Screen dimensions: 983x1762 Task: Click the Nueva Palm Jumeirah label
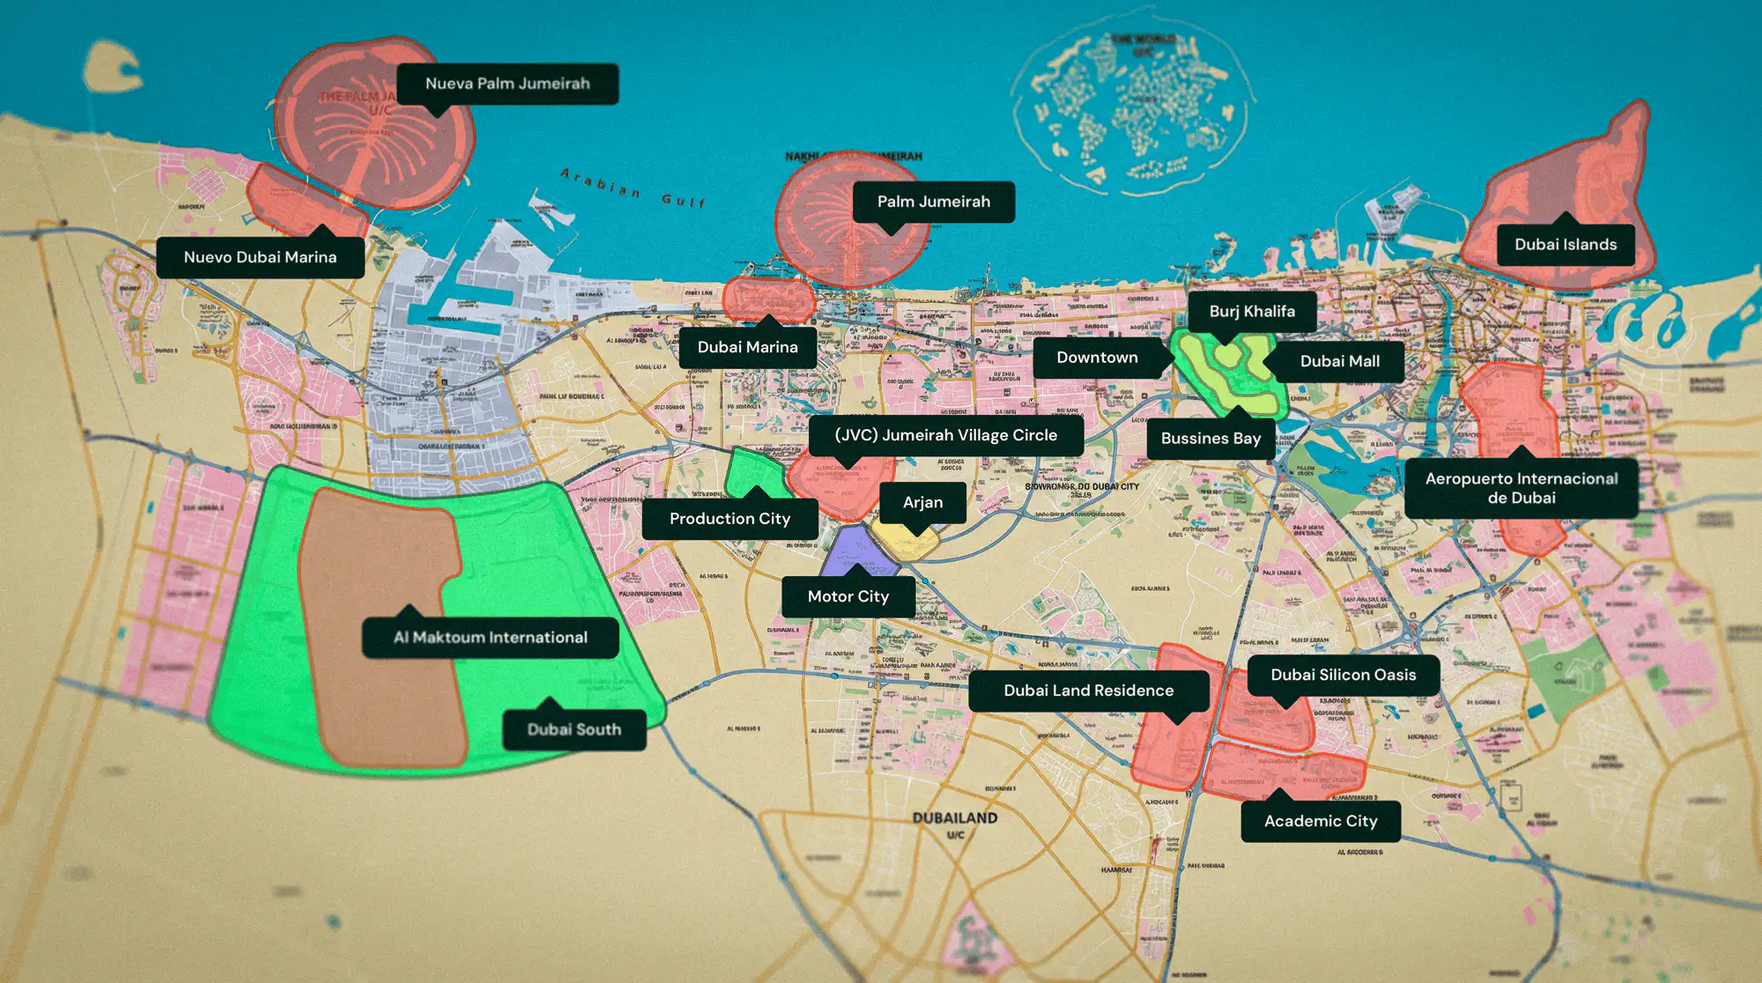(x=507, y=84)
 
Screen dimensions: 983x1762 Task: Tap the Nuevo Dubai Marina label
(x=260, y=257)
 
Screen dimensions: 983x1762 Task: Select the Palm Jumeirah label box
(x=933, y=202)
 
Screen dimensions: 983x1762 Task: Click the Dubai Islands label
(x=1566, y=245)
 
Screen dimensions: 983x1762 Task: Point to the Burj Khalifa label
(x=1252, y=311)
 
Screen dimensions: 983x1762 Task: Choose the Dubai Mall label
(x=1339, y=361)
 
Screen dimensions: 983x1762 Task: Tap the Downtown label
(x=1097, y=358)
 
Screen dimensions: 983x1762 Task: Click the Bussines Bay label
(x=1210, y=439)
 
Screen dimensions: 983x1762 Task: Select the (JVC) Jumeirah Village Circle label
(x=945, y=435)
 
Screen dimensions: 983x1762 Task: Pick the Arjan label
(x=922, y=503)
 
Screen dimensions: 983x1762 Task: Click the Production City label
(x=729, y=519)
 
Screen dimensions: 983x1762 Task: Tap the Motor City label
(x=848, y=596)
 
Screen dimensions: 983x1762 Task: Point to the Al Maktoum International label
(x=490, y=638)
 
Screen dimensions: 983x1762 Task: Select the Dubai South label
(x=574, y=729)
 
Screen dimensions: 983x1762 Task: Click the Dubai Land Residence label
(x=1088, y=691)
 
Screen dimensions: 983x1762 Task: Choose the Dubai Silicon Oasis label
(x=1343, y=675)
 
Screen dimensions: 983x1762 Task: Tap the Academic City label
(x=1320, y=821)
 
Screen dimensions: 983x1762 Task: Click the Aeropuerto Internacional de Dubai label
(x=1521, y=488)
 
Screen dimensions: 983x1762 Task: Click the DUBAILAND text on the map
(x=955, y=818)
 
